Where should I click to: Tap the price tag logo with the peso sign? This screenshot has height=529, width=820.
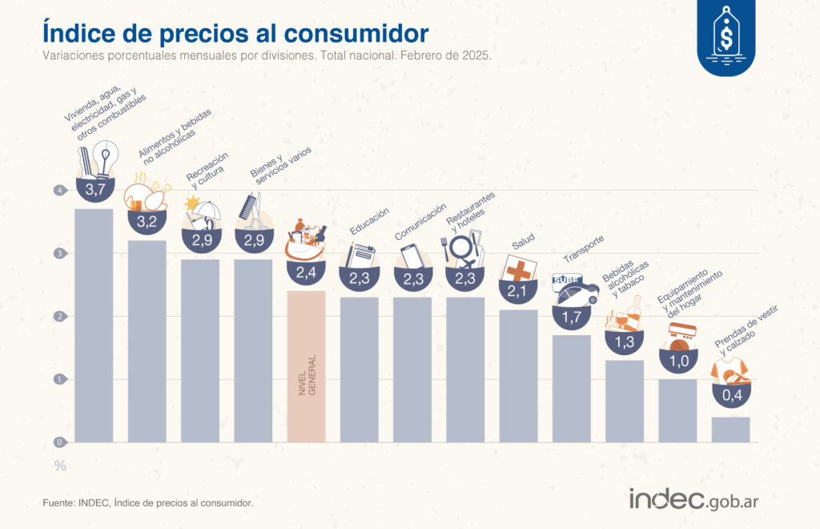pos(726,36)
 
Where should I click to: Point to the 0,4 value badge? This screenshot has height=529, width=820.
pos(730,395)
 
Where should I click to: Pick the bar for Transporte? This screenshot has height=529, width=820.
pos(572,388)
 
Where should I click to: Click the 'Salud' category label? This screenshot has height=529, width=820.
pos(522,240)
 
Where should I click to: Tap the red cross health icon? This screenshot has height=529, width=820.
pos(520,269)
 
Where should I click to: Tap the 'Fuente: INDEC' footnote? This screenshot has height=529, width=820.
pos(148,503)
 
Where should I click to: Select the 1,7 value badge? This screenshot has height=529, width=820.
pos(572,317)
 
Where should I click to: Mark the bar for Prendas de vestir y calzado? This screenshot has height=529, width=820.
pos(730,429)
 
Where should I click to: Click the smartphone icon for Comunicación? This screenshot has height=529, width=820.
pos(412,256)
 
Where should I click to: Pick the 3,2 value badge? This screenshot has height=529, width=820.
pos(147,222)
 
